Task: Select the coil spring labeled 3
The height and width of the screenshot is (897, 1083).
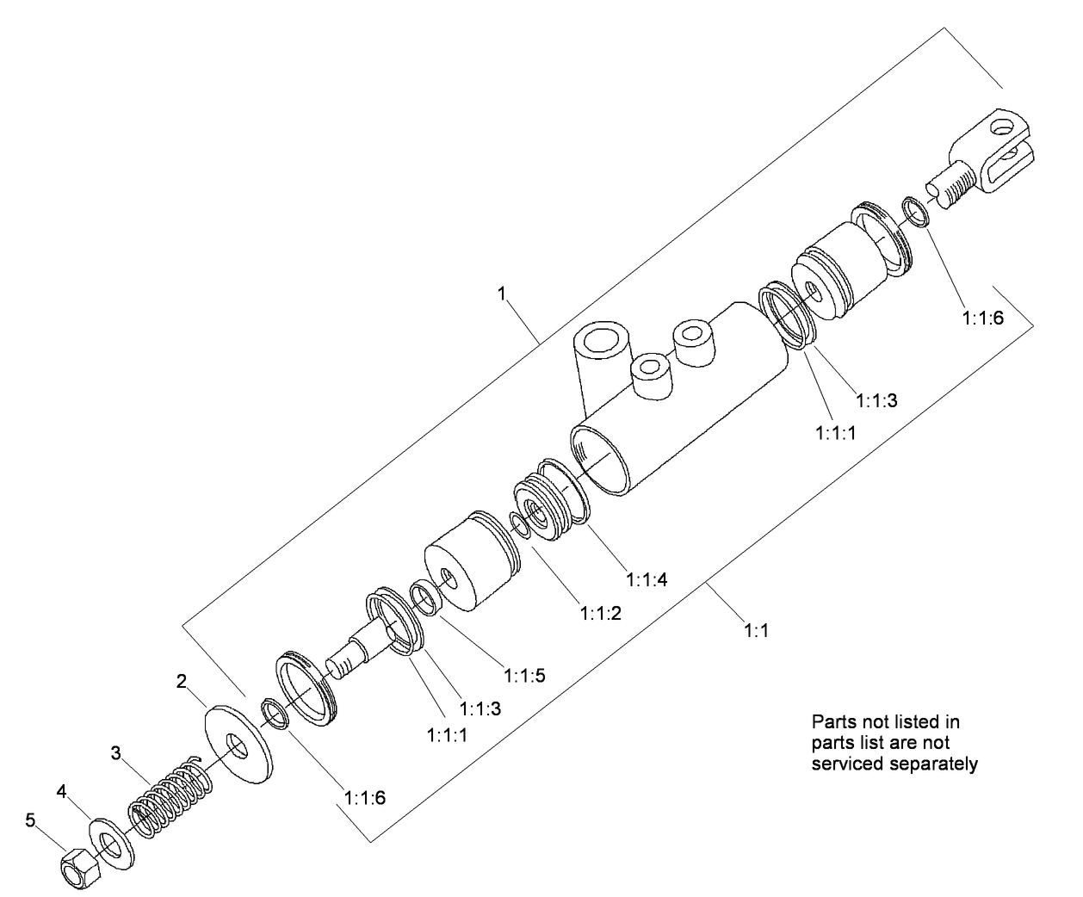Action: [171, 797]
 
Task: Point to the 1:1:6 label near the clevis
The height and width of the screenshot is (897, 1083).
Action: [982, 317]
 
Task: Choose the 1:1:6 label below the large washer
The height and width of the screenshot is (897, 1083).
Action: [364, 797]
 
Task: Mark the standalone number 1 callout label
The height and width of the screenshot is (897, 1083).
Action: [501, 294]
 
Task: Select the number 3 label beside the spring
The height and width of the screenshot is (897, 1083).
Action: [115, 752]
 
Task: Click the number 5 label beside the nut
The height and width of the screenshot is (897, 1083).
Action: [30, 820]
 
